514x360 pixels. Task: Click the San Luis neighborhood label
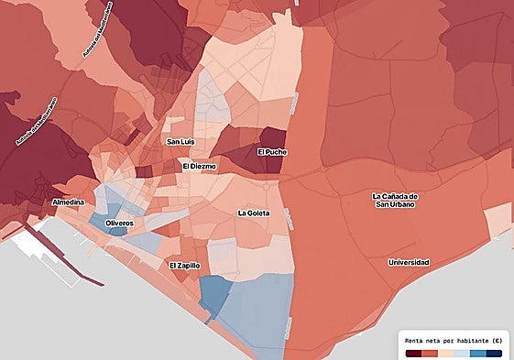(180, 142)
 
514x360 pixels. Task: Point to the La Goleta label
(253, 213)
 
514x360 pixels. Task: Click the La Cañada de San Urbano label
(395, 200)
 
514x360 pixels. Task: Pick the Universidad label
(408, 263)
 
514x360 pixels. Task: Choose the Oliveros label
(119, 224)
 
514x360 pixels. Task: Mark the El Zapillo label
(185, 265)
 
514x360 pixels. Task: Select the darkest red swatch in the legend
(414, 353)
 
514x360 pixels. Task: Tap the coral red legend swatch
(430, 353)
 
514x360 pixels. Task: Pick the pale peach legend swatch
(446, 353)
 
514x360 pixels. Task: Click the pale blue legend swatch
(462, 353)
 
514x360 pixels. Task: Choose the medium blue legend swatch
(477, 353)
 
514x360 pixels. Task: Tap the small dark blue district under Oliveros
(117, 231)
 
